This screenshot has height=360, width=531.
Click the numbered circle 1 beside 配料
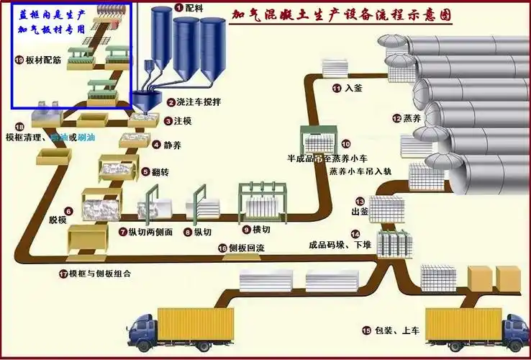(x=178, y=7)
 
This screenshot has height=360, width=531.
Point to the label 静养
(x=173, y=145)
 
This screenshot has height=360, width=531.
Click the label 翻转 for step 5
(x=171, y=172)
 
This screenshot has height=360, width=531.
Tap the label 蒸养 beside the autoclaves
(x=412, y=118)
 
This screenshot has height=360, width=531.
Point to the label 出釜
(x=360, y=213)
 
